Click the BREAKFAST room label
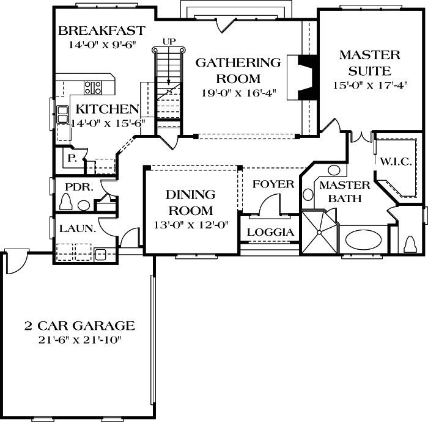[x=101, y=31]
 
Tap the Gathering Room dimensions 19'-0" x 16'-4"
[x=238, y=93]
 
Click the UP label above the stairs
[x=169, y=41]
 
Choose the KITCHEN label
[x=107, y=109]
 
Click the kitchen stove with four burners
[x=93, y=87]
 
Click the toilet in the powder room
[x=67, y=202]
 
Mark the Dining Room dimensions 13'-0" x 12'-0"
[x=191, y=224]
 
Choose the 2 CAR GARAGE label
[x=79, y=326]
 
